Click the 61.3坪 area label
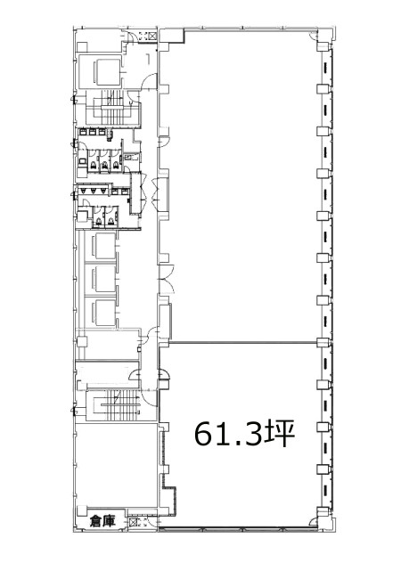coord(244,433)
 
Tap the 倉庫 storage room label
coord(102,521)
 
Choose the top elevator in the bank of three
coord(103,245)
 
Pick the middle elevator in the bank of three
coord(103,279)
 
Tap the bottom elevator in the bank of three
coord(103,313)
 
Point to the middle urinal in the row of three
coord(94,191)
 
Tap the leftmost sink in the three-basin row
coord(83,131)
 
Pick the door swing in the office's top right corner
coord(313,36)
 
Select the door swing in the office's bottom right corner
coord(313,521)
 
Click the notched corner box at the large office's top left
coord(171,36)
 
